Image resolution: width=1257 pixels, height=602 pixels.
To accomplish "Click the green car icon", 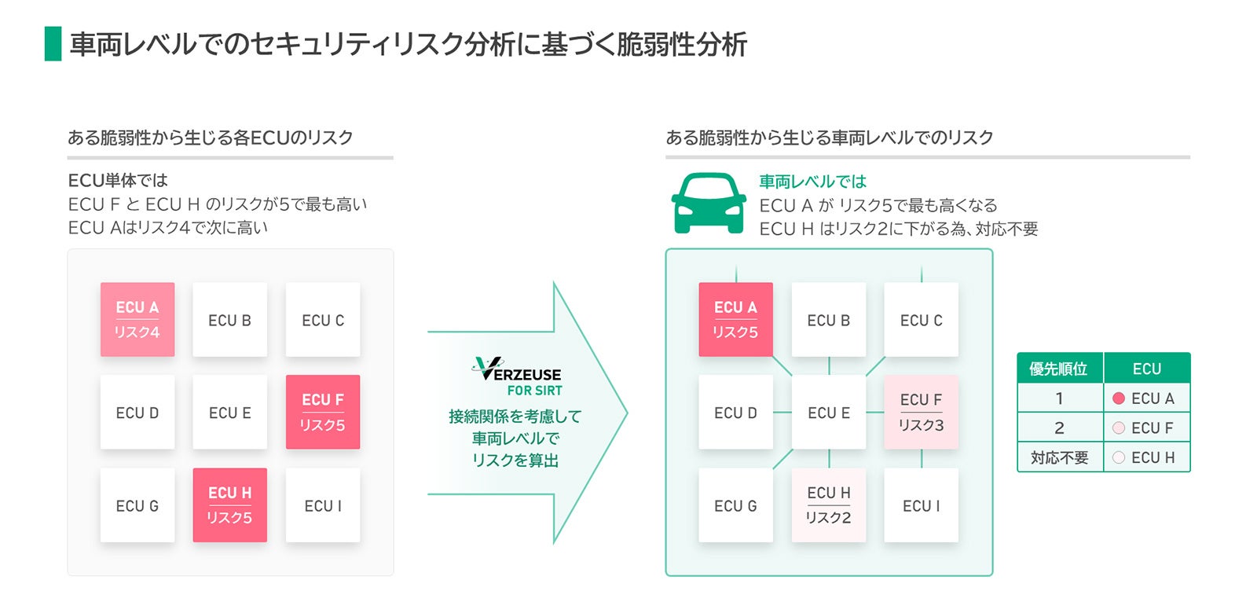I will [709, 203].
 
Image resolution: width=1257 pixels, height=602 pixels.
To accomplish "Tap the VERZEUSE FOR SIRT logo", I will [519, 377].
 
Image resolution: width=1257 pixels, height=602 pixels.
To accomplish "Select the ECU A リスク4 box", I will [137, 319].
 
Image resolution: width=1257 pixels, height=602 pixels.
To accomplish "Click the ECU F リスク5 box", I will [323, 412].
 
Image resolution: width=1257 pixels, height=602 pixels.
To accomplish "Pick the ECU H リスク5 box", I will [230, 505].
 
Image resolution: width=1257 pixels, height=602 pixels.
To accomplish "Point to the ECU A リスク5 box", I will [736, 319].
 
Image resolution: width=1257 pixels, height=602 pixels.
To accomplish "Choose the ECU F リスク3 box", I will [922, 412].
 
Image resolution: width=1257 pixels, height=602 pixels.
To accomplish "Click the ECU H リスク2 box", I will [829, 505].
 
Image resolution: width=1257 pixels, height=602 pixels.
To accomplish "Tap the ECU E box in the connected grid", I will [829, 412].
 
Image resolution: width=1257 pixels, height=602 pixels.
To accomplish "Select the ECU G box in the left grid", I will [137, 505].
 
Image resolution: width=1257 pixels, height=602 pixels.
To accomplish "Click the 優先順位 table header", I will [1059, 369].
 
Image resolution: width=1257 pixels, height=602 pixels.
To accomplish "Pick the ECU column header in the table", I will [1147, 369].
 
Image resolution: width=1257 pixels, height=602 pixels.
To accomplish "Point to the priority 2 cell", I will [1059, 428].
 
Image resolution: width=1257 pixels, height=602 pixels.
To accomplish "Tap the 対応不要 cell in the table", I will [1059, 457].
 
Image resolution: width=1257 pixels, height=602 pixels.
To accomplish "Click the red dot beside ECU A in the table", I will [1119, 398].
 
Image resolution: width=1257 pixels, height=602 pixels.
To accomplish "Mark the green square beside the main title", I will [53, 44].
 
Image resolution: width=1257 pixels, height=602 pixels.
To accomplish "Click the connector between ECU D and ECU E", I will [782, 412].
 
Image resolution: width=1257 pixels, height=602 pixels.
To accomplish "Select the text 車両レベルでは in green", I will [812, 182].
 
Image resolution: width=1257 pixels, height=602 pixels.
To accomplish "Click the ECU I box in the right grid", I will [922, 505].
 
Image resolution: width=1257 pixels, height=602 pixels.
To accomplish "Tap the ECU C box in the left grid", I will [323, 319].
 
